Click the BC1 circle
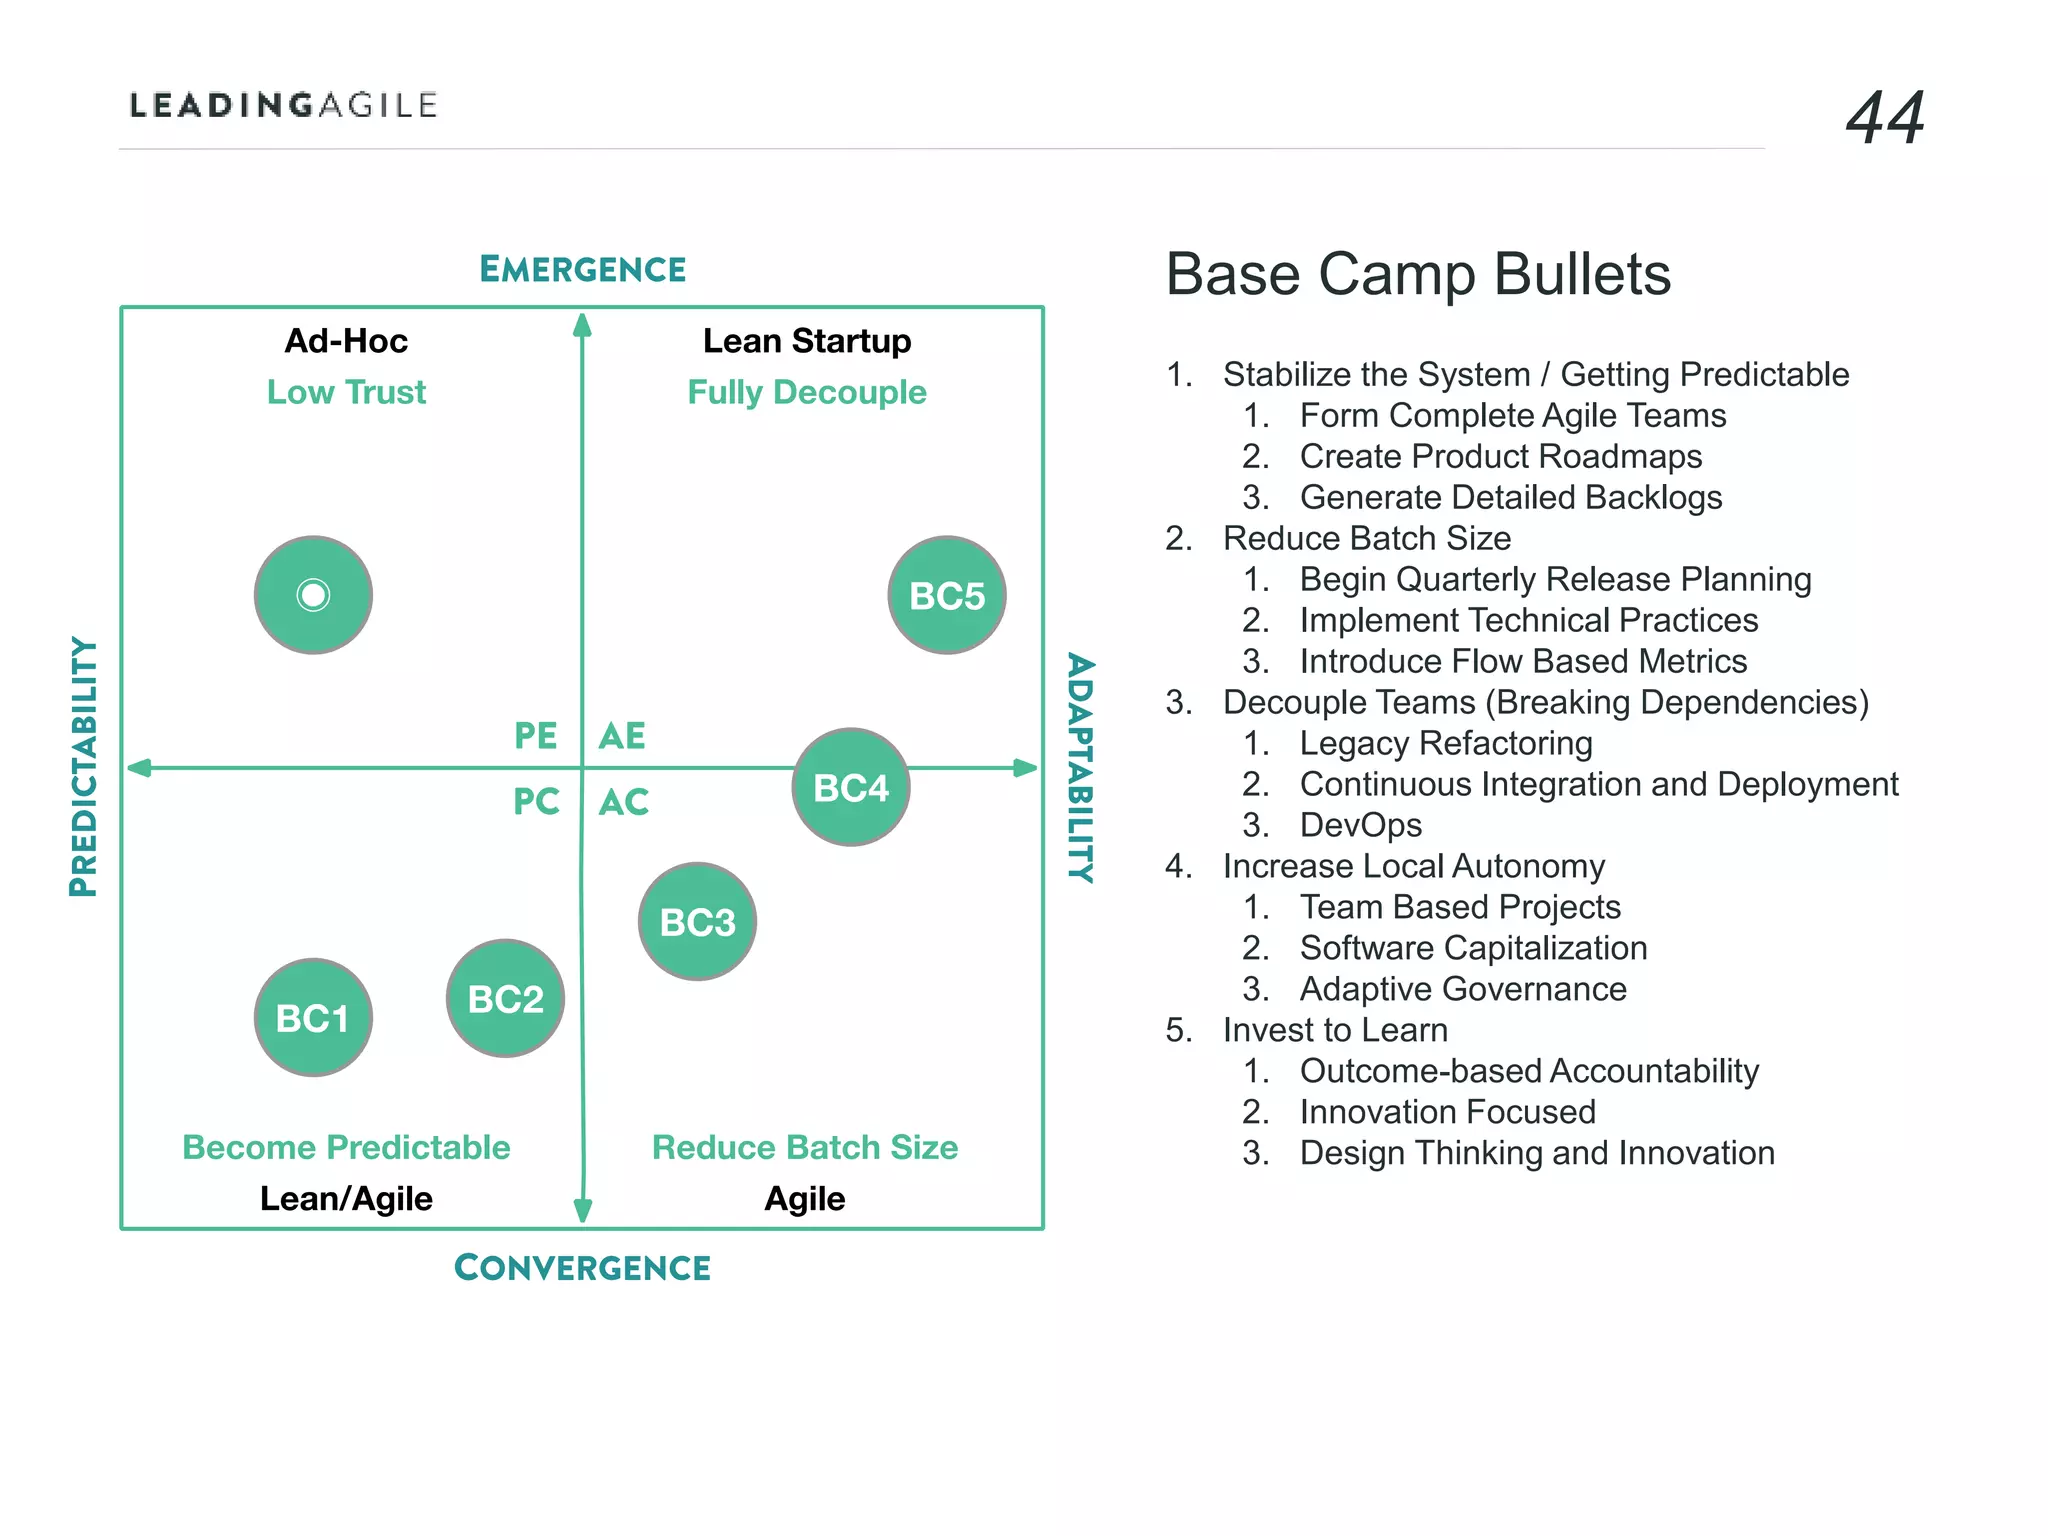click(x=313, y=1017)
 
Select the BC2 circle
click(x=505, y=998)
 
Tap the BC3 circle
click(x=697, y=921)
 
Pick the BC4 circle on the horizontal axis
click(x=851, y=787)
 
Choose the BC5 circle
click(x=947, y=595)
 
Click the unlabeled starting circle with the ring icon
click(x=313, y=595)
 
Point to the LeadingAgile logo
click(x=284, y=105)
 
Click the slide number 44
click(x=1885, y=118)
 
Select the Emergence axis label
click(x=582, y=269)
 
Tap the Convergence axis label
click(x=582, y=1268)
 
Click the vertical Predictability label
click(x=84, y=767)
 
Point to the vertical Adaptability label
click(x=1081, y=767)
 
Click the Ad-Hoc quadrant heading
click(x=346, y=341)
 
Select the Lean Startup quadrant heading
click(x=807, y=341)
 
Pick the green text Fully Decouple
click(x=807, y=392)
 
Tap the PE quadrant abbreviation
click(x=535, y=736)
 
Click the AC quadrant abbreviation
click(x=624, y=802)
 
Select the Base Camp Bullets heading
click(x=1418, y=274)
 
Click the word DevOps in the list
click(x=1360, y=825)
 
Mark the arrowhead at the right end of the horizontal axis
click(x=1026, y=768)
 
